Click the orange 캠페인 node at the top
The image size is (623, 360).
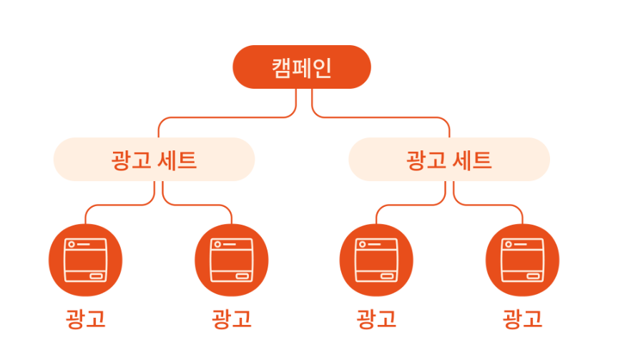click(302, 67)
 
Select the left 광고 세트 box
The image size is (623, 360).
click(154, 159)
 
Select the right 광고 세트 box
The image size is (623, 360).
click(449, 159)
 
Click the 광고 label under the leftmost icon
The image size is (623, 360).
click(85, 318)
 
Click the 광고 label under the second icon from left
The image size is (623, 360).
click(232, 318)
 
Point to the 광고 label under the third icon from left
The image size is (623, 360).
click(376, 318)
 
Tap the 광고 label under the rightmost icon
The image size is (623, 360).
click(522, 318)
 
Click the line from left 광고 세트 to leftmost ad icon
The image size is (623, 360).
click(114, 206)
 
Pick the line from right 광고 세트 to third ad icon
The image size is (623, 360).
click(408, 206)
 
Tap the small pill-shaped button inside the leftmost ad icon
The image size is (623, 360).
click(96, 276)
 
